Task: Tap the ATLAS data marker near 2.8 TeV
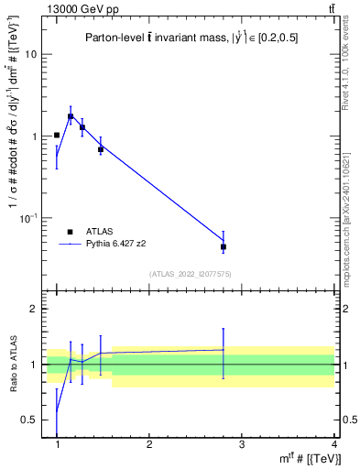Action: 224,247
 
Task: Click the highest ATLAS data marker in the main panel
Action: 71,116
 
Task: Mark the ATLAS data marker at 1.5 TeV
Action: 101,148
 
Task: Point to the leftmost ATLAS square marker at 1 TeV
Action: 57,135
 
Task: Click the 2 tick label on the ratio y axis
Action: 33,310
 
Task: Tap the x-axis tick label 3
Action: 242,445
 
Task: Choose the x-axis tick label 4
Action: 333,445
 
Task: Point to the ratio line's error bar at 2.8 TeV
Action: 224,350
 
